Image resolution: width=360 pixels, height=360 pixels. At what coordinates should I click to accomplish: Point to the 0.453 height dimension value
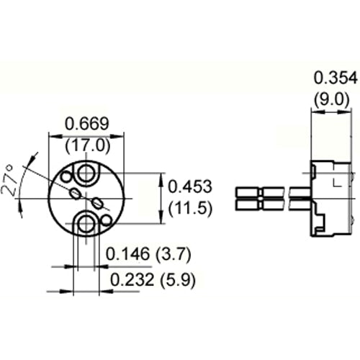pos(189,186)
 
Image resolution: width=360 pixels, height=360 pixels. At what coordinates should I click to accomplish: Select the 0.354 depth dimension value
pos(332,78)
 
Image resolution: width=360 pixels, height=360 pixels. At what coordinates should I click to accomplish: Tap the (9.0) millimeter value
pos(332,99)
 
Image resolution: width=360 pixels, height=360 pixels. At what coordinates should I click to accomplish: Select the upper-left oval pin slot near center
pos(75,192)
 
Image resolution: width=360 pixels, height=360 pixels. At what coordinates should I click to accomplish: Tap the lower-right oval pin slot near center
pos(96,201)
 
